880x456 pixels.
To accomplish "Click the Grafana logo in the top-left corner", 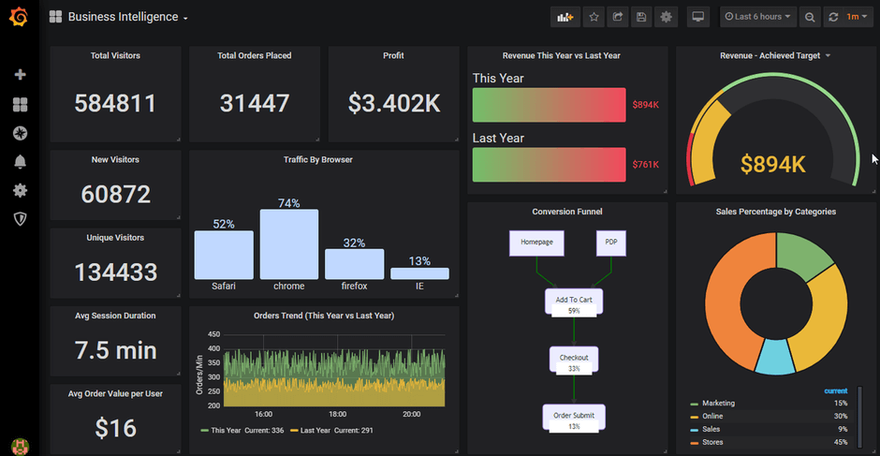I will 19,17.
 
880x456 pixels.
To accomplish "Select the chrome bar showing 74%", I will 288,244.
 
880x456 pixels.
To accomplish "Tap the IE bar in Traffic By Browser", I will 419,273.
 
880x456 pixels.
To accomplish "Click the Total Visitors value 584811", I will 115,103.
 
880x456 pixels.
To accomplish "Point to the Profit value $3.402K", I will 394,103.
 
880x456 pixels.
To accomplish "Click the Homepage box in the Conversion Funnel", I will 536,243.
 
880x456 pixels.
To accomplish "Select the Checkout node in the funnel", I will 574,359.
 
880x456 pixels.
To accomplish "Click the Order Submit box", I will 574,417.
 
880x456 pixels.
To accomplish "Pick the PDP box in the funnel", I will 610,243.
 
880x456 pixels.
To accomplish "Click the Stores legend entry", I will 712,442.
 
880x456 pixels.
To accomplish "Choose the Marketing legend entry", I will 718,404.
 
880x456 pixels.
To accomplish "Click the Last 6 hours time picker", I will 758,17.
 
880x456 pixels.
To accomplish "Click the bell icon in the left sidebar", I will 20,162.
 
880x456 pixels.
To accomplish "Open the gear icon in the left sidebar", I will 20,190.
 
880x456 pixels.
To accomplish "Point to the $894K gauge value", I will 773,165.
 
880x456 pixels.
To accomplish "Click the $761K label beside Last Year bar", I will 645,165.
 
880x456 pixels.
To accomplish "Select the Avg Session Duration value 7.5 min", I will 115,350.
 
